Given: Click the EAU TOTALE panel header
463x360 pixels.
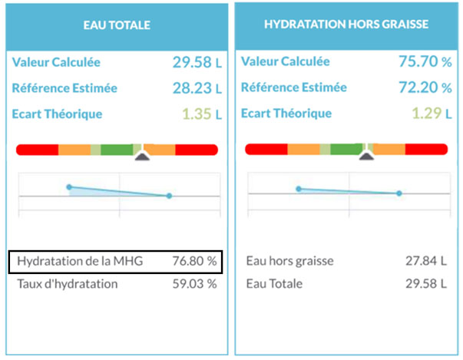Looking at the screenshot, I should [117, 25].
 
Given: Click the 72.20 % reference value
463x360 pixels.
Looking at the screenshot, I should [422, 88].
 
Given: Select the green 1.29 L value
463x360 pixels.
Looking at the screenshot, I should [427, 115].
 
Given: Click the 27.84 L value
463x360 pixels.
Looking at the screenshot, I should [425, 261].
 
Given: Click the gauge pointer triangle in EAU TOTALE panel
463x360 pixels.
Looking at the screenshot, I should [142, 157].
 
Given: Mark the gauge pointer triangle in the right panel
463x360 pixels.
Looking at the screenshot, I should [367, 157].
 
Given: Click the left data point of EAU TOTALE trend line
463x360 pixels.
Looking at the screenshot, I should [69, 187].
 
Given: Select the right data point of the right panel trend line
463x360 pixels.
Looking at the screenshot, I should [399, 193].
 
